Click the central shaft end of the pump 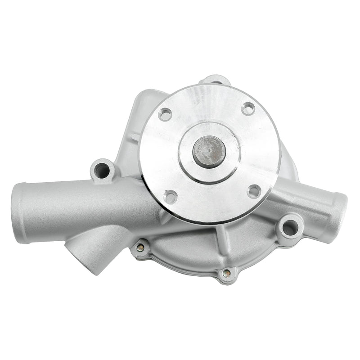tap(209, 151)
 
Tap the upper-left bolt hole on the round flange tap(165, 115)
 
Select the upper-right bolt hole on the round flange tap(247, 108)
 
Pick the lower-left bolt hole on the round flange tap(171, 196)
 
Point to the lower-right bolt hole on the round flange tap(254, 191)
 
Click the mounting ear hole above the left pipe tap(102, 171)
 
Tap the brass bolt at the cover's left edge tap(141, 247)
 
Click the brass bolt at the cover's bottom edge tap(226, 273)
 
